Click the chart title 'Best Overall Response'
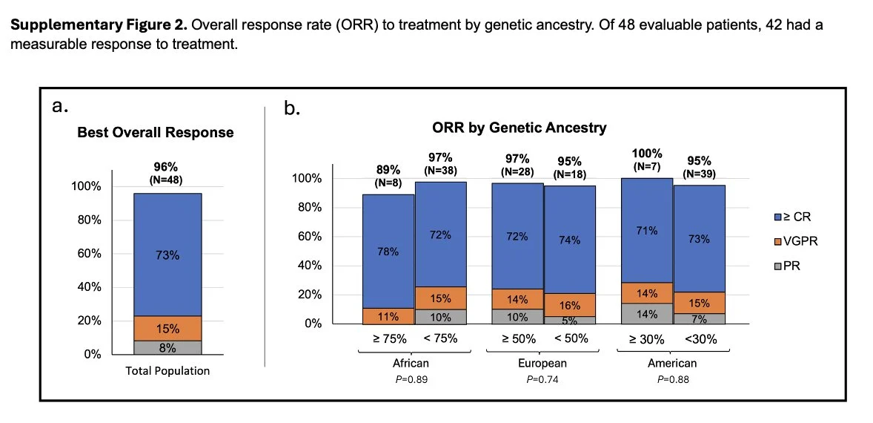156,133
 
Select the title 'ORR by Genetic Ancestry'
519,128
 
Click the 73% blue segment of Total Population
167,255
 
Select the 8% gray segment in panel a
167,347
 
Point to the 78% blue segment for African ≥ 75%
388,252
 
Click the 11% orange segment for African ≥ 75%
388,316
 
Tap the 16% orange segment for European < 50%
570,304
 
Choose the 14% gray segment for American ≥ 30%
646,314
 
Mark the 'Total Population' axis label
167,370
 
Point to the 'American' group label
673,363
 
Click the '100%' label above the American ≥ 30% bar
647,154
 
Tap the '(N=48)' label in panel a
167,179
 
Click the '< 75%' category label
440,338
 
